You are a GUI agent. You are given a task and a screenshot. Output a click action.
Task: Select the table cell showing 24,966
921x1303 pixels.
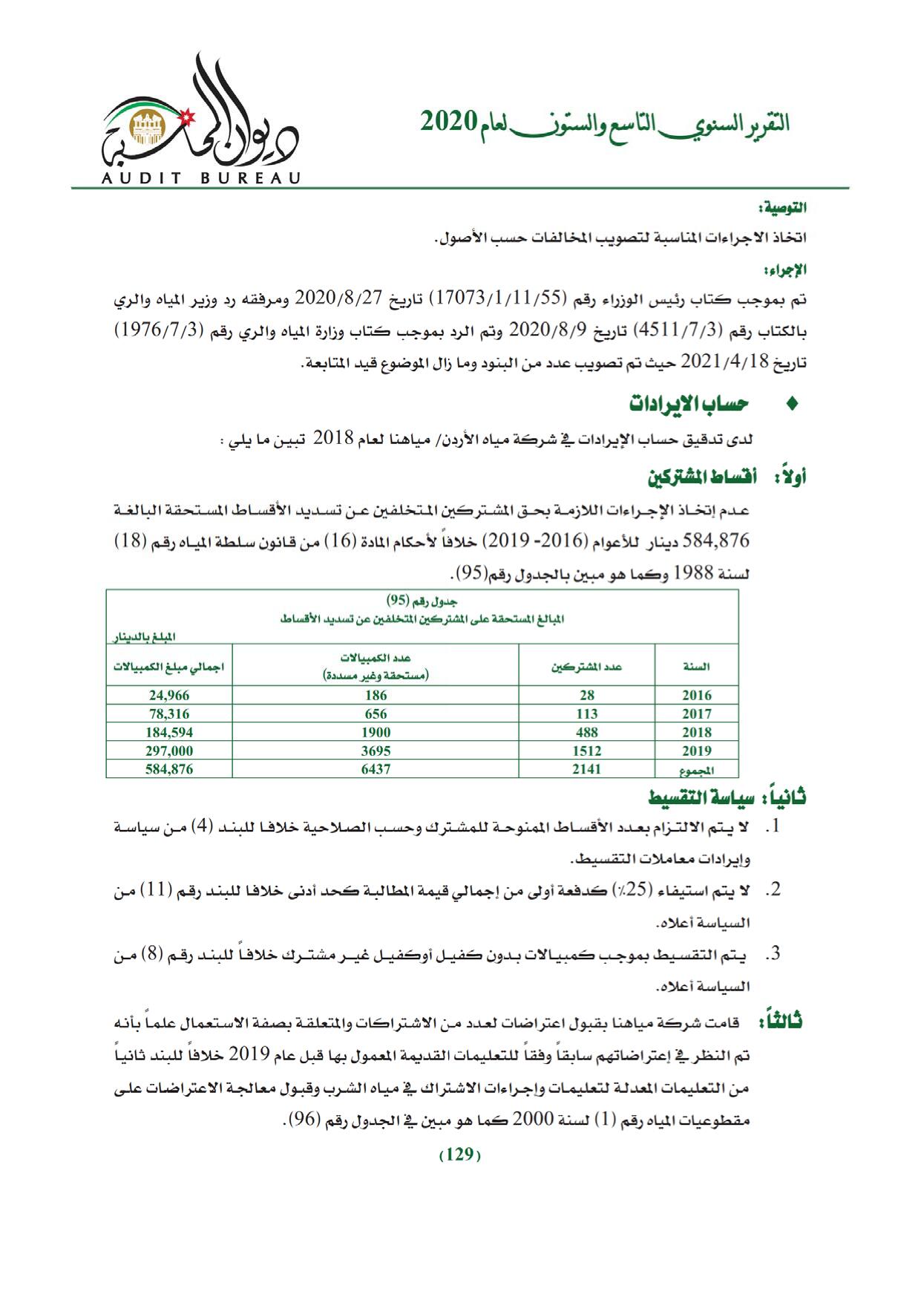point(169,696)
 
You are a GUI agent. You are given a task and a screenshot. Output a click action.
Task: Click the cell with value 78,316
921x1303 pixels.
point(169,714)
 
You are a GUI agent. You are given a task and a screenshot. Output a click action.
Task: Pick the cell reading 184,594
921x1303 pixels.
point(169,732)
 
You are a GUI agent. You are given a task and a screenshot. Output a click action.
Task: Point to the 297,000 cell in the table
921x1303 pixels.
point(169,751)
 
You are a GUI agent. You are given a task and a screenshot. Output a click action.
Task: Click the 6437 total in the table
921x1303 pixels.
point(376,769)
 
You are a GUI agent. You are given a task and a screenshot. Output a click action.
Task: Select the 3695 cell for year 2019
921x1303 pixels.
point(376,751)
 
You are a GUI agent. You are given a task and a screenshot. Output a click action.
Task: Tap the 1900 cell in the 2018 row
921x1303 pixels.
point(376,732)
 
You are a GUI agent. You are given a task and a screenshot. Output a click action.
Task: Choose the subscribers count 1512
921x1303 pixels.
point(586,751)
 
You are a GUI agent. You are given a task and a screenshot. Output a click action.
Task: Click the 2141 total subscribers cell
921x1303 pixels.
point(586,769)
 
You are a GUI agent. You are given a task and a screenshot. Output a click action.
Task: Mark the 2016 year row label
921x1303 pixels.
point(696,696)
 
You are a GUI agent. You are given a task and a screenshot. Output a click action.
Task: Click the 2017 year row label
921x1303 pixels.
point(696,714)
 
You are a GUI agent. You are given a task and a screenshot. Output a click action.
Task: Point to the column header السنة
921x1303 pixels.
point(696,667)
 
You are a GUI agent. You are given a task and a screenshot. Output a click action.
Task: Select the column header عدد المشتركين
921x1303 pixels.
point(586,667)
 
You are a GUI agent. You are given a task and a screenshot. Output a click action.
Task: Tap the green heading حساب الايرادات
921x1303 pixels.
point(689,404)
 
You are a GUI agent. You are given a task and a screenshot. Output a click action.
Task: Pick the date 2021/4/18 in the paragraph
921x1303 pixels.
point(713,363)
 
